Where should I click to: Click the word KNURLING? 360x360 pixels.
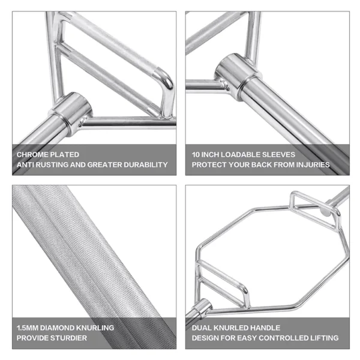(95, 328)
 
